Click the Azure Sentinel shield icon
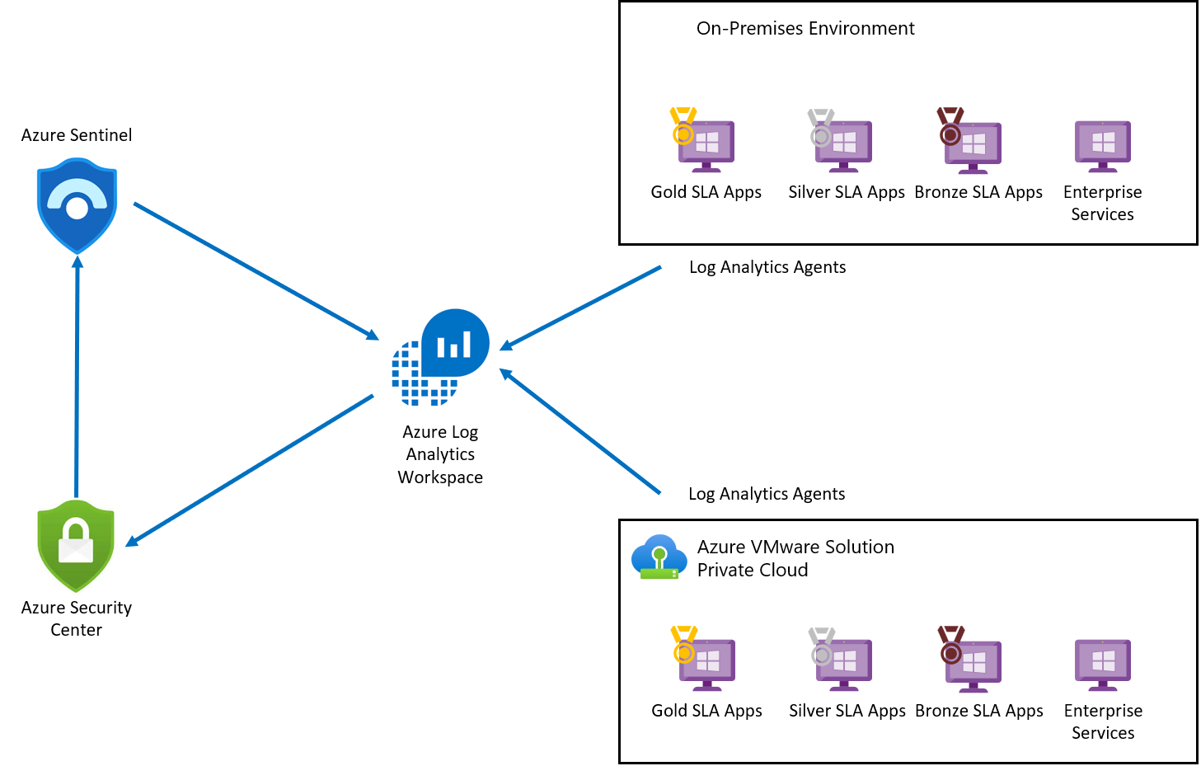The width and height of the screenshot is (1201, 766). [x=77, y=206]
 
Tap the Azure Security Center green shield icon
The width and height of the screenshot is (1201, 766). [x=76, y=546]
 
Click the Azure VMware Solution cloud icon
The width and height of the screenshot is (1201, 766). [x=659, y=557]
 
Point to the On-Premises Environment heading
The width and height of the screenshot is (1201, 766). [x=805, y=29]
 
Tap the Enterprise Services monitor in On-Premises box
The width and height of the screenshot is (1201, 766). [x=1102, y=145]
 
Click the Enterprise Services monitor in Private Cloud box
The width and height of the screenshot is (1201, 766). [x=1103, y=663]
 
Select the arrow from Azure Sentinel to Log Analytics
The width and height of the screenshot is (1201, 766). [x=256, y=270]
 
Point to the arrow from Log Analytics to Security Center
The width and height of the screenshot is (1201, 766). [x=250, y=470]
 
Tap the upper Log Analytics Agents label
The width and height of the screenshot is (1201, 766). [x=767, y=267]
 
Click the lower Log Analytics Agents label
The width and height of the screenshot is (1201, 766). [x=766, y=494]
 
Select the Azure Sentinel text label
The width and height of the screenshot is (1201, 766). [x=76, y=135]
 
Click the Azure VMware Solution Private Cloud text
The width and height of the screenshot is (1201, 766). [x=795, y=558]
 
